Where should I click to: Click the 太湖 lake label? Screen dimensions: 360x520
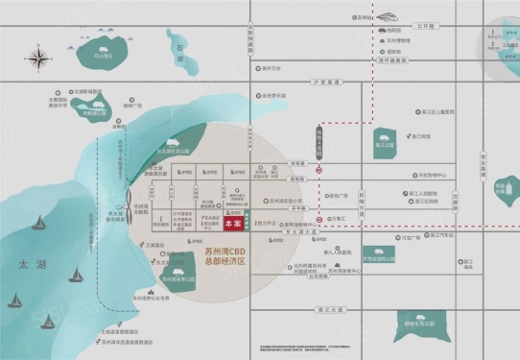point(22,260)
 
